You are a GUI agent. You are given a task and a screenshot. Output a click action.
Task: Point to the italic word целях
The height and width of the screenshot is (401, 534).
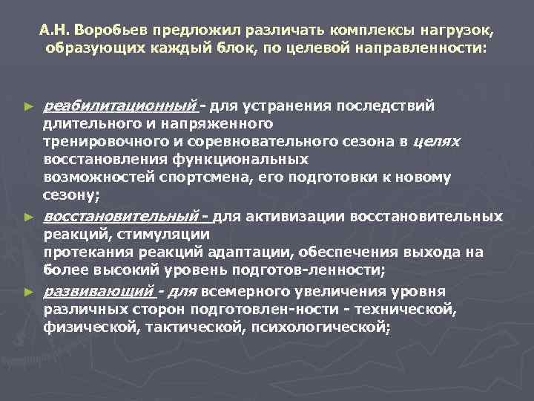tap(436, 141)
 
